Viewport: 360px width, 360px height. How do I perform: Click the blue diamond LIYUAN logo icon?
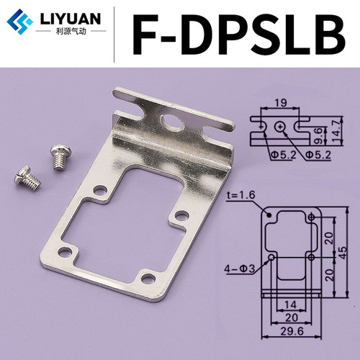pos(19,22)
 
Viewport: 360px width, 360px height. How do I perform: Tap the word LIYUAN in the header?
pos(71,19)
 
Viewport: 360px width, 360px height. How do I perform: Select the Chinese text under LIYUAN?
pos(71,32)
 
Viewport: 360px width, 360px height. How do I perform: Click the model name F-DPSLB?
pos(239,34)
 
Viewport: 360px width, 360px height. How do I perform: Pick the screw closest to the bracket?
pos(59,157)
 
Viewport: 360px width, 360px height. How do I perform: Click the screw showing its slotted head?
pos(27,178)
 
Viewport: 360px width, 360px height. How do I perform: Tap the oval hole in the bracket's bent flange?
pos(172,122)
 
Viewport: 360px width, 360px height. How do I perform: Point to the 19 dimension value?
pos(280,103)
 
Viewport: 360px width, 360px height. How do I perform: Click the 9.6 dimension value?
pos(319,135)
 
